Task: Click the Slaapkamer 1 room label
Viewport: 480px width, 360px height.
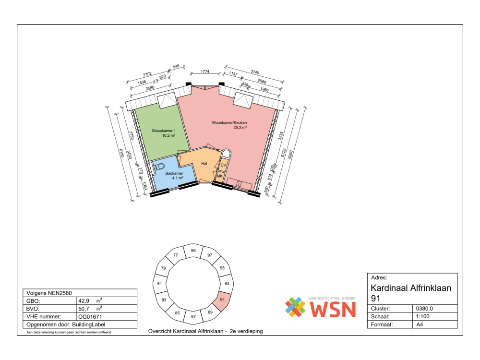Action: click(x=164, y=131)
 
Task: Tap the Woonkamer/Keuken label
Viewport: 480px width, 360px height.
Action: click(x=229, y=123)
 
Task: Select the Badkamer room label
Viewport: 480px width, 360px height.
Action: click(x=174, y=173)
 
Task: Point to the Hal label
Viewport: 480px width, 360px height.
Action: click(x=204, y=164)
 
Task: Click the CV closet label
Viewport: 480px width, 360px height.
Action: click(x=223, y=165)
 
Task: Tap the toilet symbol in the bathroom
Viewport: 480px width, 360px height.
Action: click(x=159, y=167)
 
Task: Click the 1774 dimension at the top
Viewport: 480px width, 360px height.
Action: click(x=205, y=72)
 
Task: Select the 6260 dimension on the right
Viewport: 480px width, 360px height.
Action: click(x=291, y=155)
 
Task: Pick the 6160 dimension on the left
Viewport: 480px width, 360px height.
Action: click(x=121, y=154)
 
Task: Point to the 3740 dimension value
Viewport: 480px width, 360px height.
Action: click(x=255, y=72)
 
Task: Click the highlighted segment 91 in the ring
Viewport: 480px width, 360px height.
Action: click(x=222, y=300)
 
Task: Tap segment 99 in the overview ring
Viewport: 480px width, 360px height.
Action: click(x=193, y=252)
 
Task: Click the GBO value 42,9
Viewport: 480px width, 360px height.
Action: click(x=84, y=301)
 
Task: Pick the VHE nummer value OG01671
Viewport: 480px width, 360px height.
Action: click(x=90, y=317)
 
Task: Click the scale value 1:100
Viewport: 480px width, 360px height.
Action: click(x=422, y=316)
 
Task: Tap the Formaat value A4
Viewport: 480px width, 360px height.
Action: click(x=420, y=324)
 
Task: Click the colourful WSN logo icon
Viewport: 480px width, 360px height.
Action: click(x=295, y=307)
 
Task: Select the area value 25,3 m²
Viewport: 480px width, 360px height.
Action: click(x=240, y=128)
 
